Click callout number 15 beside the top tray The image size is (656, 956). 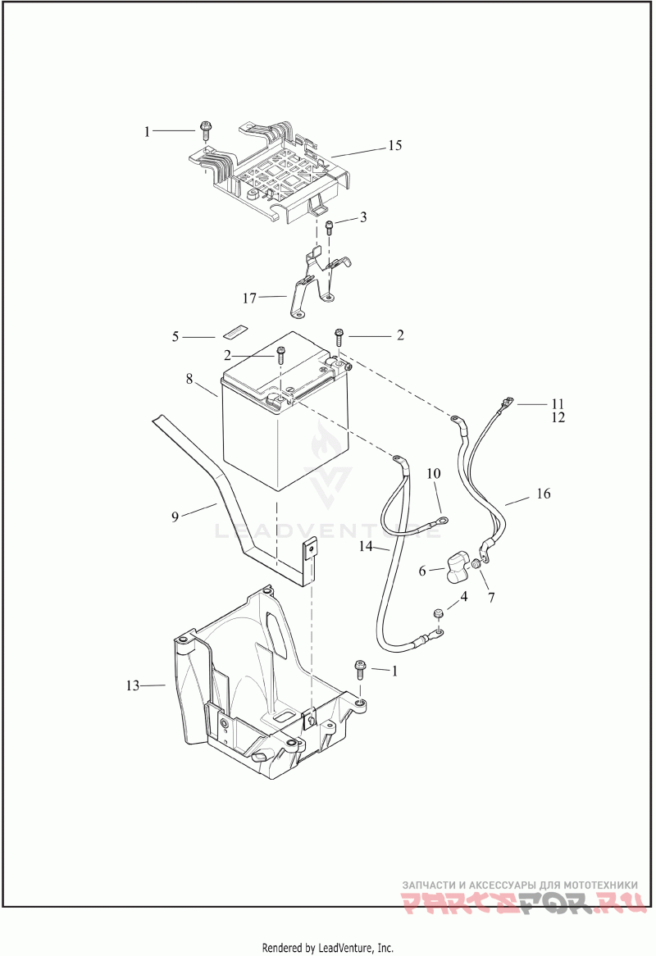click(394, 146)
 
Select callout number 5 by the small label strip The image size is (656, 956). click(175, 336)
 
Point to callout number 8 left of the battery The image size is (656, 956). click(189, 380)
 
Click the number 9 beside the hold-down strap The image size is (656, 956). click(175, 517)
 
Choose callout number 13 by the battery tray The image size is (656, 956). click(134, 685)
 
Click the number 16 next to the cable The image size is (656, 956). click(544, 494)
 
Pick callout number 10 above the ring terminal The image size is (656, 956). click(434, 474)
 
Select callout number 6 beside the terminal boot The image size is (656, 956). click(422, 571)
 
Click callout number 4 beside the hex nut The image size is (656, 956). click(463, 598)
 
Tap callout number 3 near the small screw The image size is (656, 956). click(363, 217)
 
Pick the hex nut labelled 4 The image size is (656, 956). click(438, 612)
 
